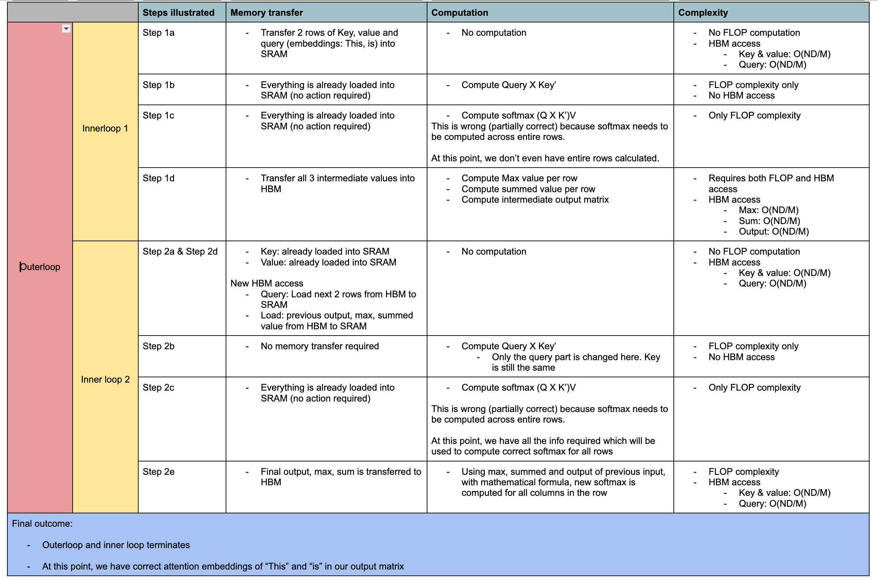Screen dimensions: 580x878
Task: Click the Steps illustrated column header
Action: [x=178, y=13]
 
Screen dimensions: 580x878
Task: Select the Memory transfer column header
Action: [x=266, y=13]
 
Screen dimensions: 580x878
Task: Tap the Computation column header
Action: [x=459, y=13]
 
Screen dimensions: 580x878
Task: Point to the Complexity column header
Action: [x=703, y=13]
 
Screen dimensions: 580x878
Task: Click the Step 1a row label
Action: [x=158, y=33]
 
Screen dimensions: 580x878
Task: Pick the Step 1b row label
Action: [x=158, y=85]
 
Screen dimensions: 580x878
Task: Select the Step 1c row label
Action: [x=158, y=115]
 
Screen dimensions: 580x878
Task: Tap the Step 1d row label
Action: [x=158, y=178]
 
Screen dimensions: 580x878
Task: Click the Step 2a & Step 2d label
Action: [x=180, y=251]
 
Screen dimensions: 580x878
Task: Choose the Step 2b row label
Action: [x=158, y=346]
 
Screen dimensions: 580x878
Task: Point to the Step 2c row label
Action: [x=158, y=387]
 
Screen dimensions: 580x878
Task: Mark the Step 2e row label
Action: [x=158, y=472]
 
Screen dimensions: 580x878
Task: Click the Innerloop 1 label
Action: [x=105, y=128]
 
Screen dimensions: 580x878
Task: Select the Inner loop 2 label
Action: [x=105, y=379]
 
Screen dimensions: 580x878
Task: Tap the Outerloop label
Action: [x=40, y=267]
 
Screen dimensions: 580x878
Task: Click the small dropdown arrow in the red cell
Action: [x=66, y=28]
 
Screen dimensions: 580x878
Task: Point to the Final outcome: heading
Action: [x=42, y=524]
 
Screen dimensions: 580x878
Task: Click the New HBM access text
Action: [x=266, y=283]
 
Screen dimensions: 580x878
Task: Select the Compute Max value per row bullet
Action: [x=519, y=178]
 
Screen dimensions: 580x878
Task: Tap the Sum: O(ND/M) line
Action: [x=769, y=221]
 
